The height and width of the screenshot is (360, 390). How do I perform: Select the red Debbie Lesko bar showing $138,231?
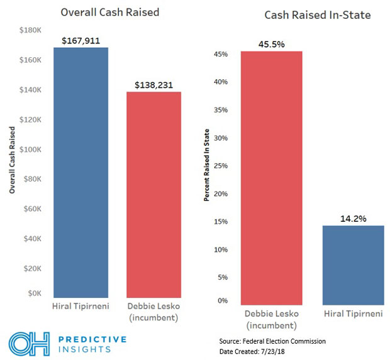click(x=154, y=194)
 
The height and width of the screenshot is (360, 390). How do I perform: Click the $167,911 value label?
click(x=81, y=41)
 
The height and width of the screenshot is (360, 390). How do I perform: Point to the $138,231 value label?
click(x=154, y=85)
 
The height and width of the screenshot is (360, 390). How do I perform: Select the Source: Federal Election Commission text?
click(x=272, y=340)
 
